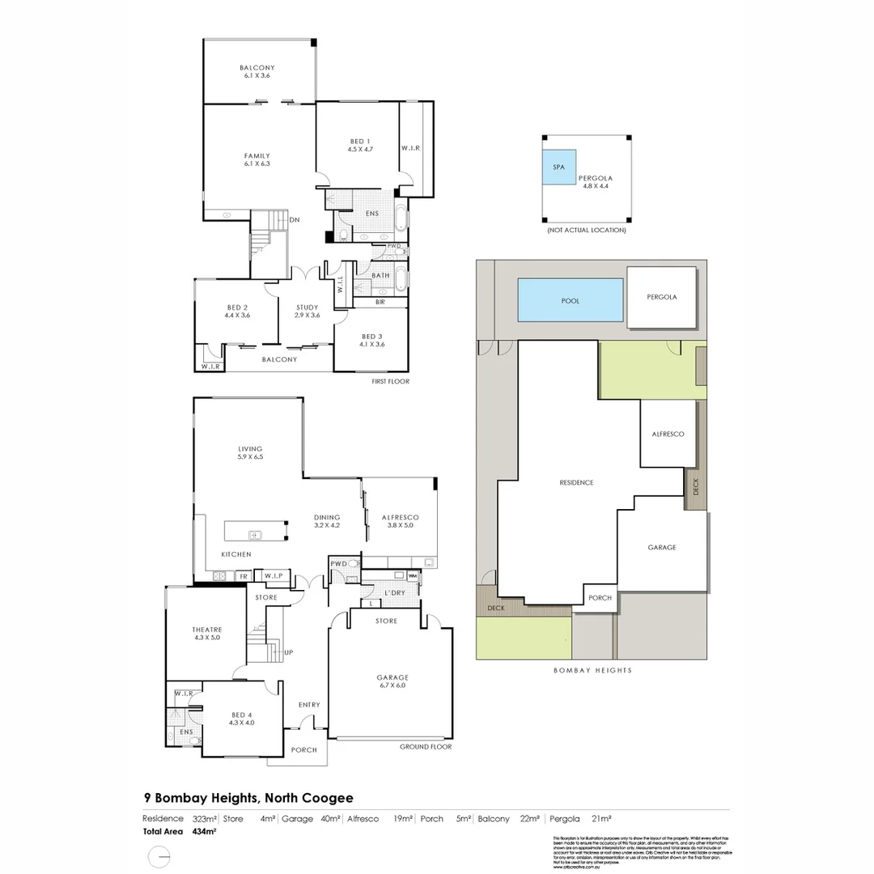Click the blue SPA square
point(559,168)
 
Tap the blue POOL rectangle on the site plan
point(571,300)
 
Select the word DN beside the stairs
point(295,219)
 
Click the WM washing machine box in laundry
point(412,576)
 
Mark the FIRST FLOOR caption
point(390,380)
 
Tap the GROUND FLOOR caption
point(426,747)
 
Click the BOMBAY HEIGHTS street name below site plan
point(592,670)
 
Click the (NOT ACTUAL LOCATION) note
point(587,231)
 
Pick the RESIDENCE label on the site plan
point(576,482)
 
